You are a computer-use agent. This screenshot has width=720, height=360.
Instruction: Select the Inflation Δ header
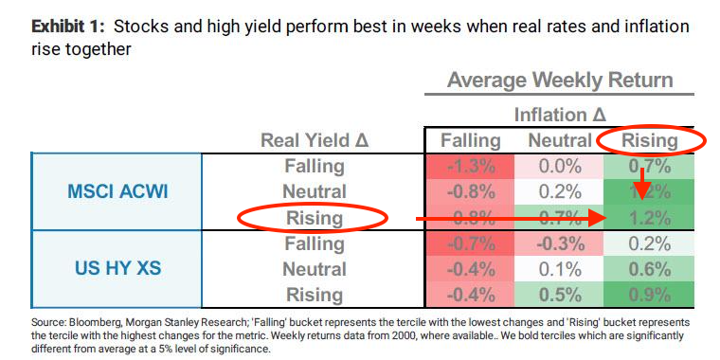click(560, 115)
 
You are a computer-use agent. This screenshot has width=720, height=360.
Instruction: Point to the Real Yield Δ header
click(314, 140)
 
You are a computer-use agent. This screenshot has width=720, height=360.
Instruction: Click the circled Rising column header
click(650, 140)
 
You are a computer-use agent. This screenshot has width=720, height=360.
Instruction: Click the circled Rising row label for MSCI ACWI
click(314, 217)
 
